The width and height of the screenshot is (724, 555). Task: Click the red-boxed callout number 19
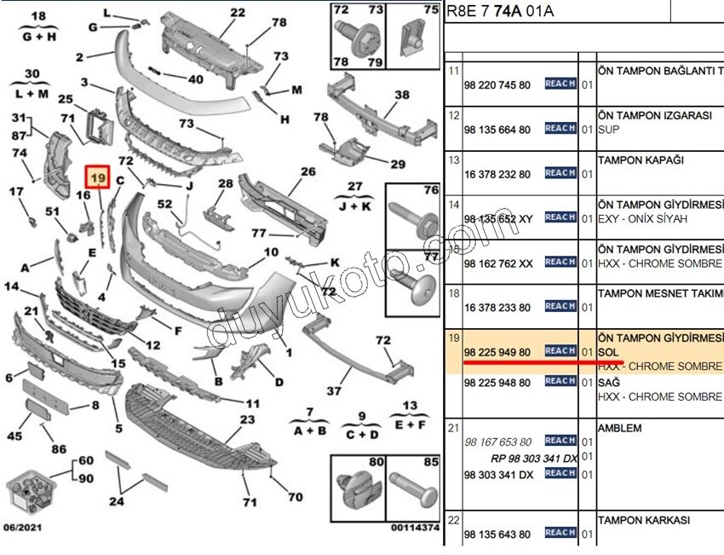point(98,177)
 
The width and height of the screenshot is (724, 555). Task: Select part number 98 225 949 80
point(497,352)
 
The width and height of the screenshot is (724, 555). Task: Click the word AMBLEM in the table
point(619,428)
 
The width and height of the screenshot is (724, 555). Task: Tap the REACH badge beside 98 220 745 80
point(560,84)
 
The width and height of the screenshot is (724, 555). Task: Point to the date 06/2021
point(23,528)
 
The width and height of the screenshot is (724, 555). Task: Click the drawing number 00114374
point(415,529)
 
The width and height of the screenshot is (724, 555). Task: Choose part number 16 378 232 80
point(497,174)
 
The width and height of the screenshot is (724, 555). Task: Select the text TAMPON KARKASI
point(643,519)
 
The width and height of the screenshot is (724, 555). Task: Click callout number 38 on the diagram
point(402,95)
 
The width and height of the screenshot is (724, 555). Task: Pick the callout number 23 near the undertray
point(246,419)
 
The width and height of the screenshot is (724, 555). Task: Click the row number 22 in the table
point(454,519)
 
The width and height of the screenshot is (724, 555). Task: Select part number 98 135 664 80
point(497,130)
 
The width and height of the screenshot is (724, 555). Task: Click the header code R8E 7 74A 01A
point(493,11)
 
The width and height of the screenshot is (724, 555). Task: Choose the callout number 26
point(307,171)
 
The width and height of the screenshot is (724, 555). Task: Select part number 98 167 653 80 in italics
point(497,442)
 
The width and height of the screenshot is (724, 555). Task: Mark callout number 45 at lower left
point(14,436)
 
